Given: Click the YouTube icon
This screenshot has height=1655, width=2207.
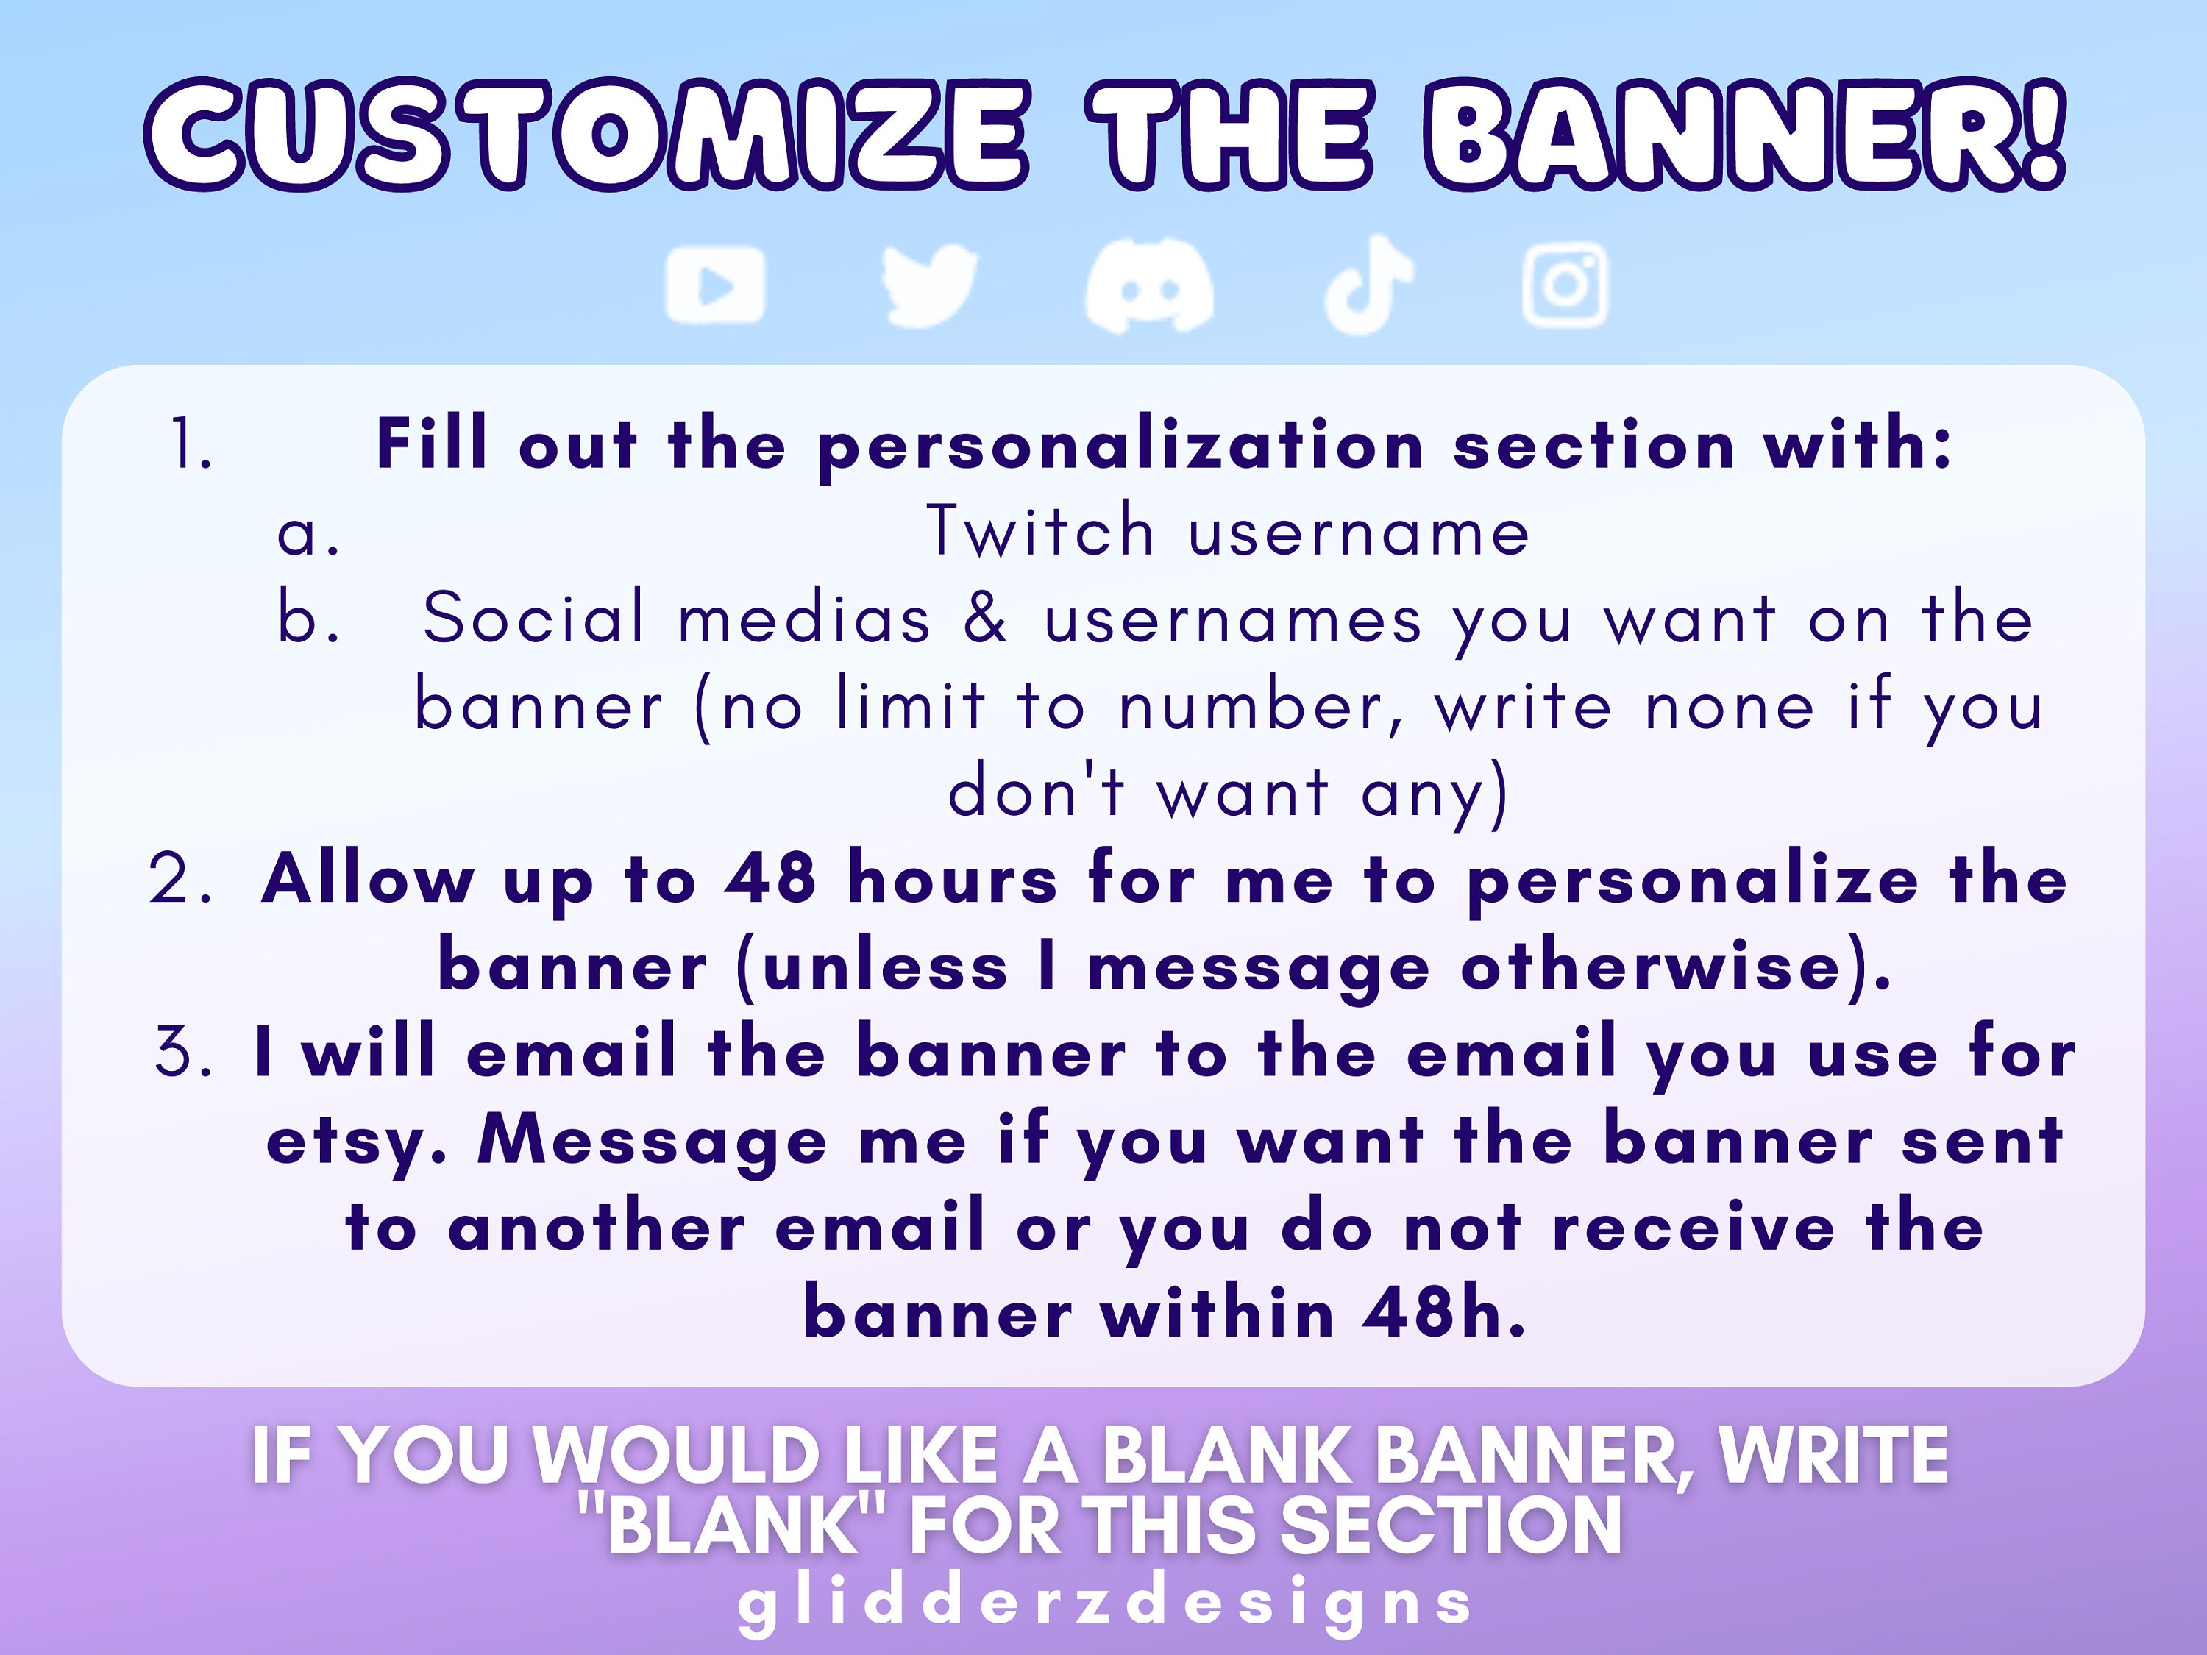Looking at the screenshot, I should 715,285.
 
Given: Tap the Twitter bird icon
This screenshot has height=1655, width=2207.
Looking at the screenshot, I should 930,285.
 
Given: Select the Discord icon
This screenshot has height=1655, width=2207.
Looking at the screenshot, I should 1149,286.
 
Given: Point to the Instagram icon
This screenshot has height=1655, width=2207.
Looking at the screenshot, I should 1565,285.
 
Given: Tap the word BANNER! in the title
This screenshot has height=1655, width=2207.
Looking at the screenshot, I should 1744,135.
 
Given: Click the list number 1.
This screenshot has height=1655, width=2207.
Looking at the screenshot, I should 191,444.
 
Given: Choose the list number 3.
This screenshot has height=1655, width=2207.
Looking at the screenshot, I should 185,1053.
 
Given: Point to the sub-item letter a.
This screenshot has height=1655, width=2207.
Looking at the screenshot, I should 308,532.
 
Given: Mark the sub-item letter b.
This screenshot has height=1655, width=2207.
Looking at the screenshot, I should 308,618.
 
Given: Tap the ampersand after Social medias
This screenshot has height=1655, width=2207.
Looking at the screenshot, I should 986,618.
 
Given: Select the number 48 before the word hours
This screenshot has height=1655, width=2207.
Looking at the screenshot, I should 770,879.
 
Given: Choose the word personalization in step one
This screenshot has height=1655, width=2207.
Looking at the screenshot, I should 1120,446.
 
